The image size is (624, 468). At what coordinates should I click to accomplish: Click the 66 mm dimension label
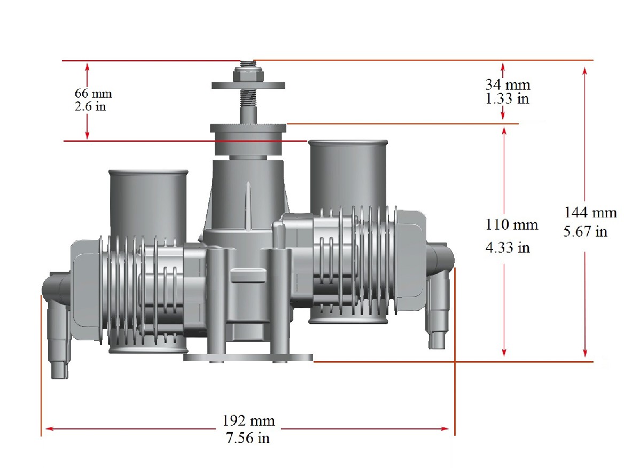(93, 93)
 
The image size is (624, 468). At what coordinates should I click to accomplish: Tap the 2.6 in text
(90, 106)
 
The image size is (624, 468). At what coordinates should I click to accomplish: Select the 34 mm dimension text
(508, 84)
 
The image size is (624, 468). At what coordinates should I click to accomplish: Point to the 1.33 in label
(507, 98)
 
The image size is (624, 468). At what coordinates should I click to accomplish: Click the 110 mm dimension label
(512, 224)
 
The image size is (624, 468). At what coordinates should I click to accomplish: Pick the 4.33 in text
(508, 247)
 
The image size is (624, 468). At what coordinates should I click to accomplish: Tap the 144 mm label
(590, 213)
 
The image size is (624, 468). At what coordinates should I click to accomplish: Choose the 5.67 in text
(586, 231)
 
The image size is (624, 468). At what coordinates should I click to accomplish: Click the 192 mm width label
(249, 420)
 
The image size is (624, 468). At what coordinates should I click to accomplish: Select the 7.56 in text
(247, 438)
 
